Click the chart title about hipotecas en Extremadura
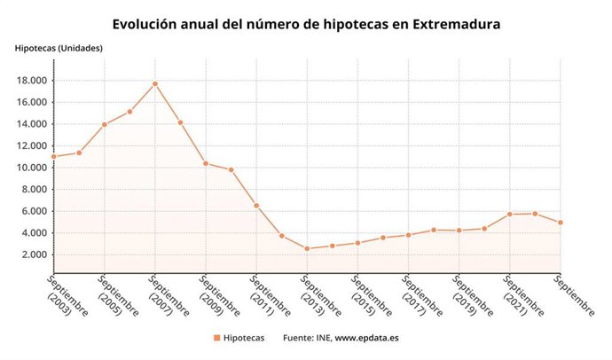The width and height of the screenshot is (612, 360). point(306,24)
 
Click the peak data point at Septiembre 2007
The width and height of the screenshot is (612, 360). point(155,83)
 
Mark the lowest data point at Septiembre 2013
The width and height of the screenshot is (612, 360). point(307,248)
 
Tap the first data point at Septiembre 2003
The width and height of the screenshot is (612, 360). point(54,156)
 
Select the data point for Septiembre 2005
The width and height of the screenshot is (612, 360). point(105,124)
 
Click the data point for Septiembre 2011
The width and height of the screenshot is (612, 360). point(256,206)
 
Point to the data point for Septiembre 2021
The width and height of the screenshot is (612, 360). point(509,214)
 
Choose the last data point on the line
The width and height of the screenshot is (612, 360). point(560,223)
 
